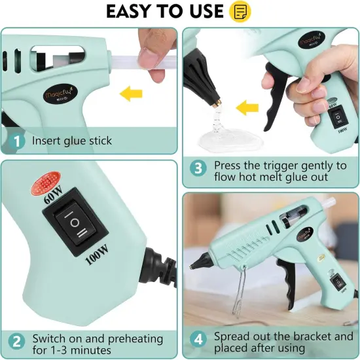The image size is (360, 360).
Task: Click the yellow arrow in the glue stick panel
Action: [132, 96]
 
